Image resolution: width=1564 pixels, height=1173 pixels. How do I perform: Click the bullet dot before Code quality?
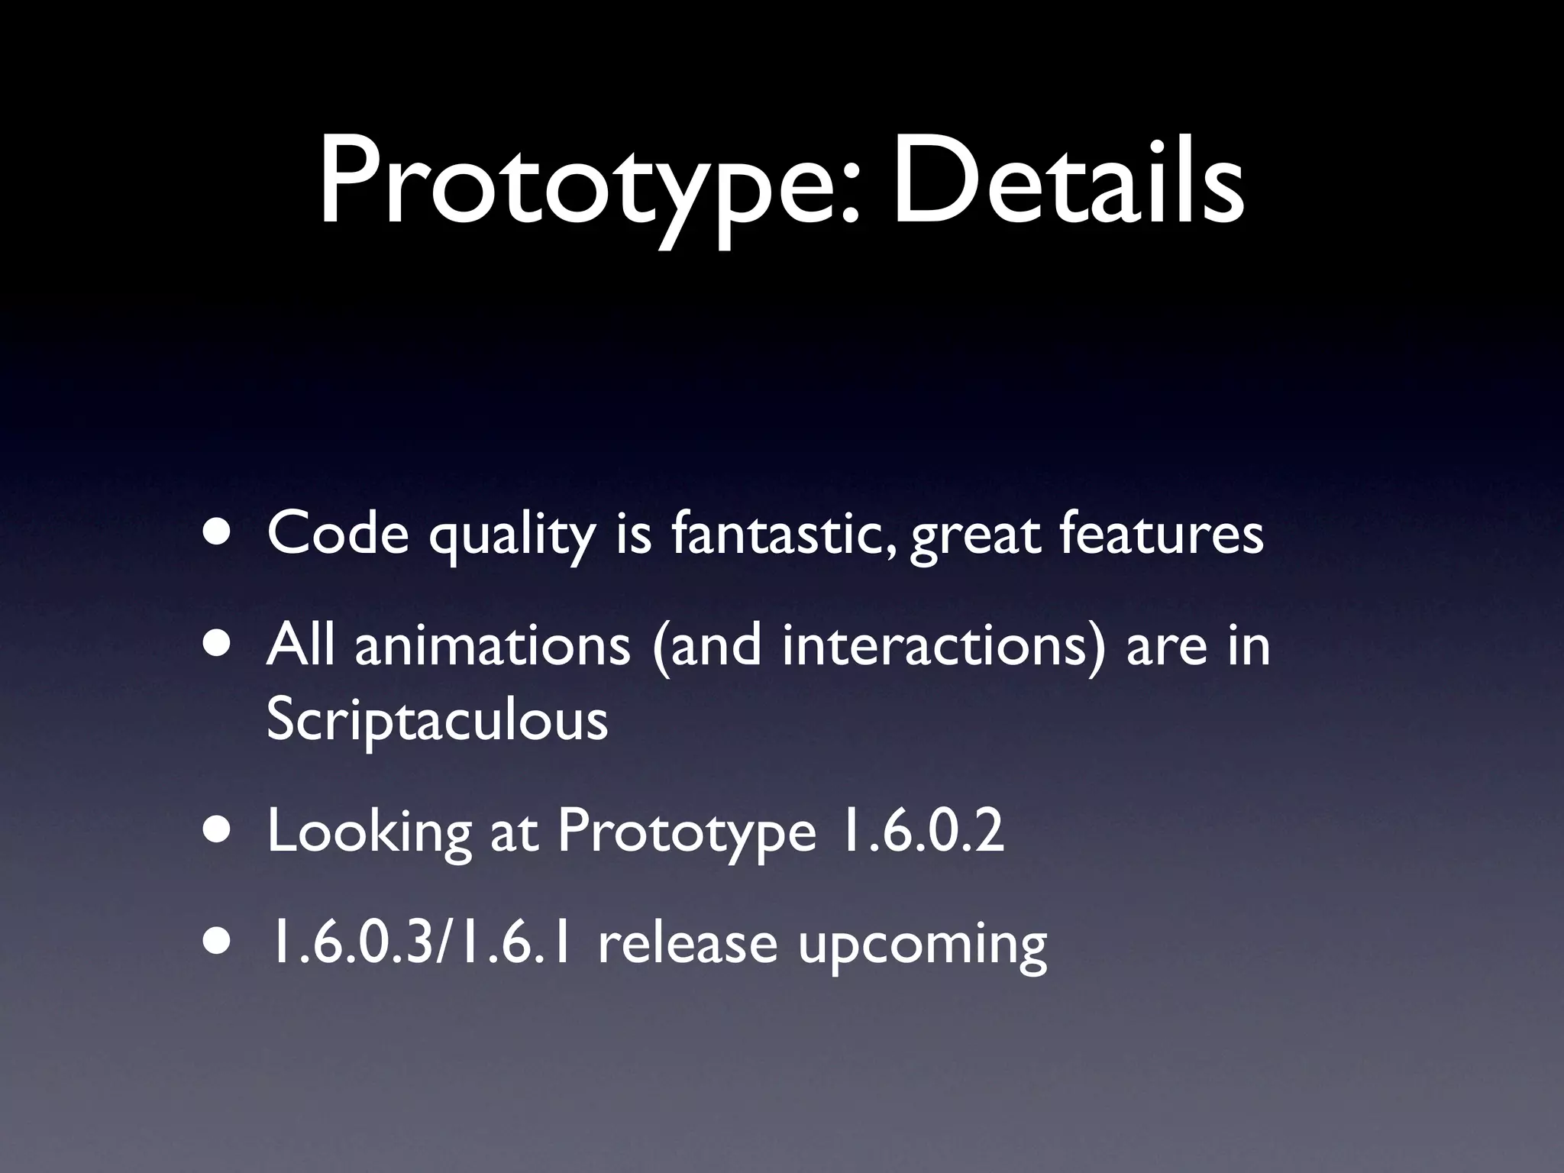click(x=220, y=533)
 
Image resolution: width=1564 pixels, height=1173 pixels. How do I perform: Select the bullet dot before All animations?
click(x=220, y=645)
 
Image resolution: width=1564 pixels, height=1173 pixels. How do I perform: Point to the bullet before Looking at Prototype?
click(x=220, y=832)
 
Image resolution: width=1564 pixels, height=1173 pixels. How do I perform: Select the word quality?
click(x=511, y=536)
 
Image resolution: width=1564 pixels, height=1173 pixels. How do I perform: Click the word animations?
click(x=493, y=645)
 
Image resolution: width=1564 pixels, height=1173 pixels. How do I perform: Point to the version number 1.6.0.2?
click(x=919, y=832)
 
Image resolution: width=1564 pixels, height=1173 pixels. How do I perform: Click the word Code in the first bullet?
click(x=338, y=533)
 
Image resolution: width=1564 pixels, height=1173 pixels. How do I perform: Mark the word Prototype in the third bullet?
click(x=687, y=834)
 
